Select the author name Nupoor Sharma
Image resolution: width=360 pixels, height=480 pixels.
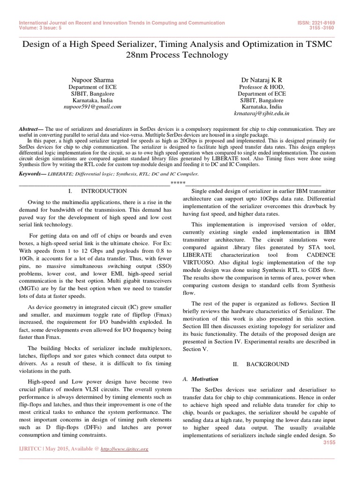[92, 80]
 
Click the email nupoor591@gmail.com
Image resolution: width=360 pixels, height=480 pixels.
[92, 106]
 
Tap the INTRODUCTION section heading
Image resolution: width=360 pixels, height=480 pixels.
[104, 191]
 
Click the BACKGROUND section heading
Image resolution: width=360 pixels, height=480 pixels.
[265, 364]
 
